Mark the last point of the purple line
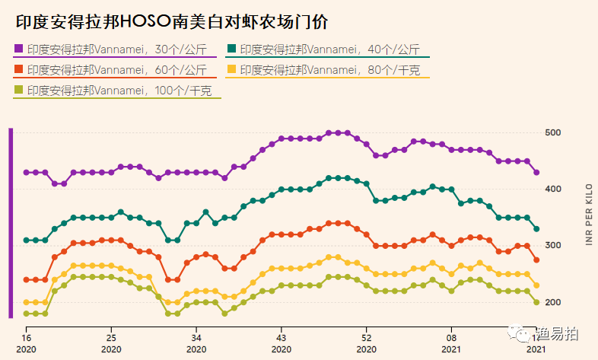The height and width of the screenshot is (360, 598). [x=536, y=173]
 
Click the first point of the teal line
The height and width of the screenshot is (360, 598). [x=26, y=241]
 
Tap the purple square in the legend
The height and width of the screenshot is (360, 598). [x=19, y=49]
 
